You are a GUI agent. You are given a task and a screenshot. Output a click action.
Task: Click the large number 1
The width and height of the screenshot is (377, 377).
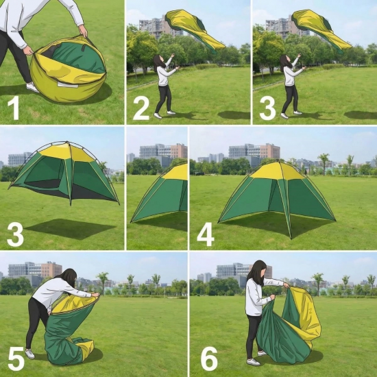coord(14,108)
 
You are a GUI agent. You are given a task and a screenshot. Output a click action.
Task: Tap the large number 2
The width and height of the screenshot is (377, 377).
coord(141,108)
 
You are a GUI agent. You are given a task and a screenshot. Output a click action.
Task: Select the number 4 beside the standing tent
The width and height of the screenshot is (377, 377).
coord(206,234)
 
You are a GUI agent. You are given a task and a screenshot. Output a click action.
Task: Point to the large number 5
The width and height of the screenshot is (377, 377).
coord(16,358)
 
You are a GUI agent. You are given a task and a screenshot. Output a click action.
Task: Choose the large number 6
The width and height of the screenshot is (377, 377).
coord(210,358)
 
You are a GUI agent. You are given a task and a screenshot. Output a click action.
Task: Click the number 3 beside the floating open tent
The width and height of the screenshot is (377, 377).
coord(15,234)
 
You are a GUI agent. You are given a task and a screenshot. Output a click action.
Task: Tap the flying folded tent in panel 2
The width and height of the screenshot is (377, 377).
coord(195,30)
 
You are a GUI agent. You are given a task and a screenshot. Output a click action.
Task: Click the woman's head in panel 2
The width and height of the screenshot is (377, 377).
coord(158,60)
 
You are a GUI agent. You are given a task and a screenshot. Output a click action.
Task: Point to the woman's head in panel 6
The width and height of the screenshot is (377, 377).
coord(258,269)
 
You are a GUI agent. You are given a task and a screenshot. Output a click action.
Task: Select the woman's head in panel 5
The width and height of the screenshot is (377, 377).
coord(69,277)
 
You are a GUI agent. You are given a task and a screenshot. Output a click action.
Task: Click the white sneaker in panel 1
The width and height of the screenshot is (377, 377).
coord(32,87)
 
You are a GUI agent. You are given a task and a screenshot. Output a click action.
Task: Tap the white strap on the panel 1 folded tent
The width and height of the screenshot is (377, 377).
coord(68,84)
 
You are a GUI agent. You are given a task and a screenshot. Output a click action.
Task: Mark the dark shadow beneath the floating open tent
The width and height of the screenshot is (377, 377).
coord(70,229)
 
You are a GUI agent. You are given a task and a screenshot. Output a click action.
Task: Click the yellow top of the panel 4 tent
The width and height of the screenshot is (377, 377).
coord(278,170)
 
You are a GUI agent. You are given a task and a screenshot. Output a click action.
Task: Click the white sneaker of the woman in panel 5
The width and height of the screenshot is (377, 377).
coord(29,354)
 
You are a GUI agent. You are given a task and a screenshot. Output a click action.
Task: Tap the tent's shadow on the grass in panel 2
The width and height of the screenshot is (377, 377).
coord(234,115)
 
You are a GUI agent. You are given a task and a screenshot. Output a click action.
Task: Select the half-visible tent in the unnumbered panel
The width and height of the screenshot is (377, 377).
coord(159,193)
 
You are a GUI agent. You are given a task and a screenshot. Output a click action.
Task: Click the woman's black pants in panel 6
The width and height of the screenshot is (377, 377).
coord(253,335)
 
